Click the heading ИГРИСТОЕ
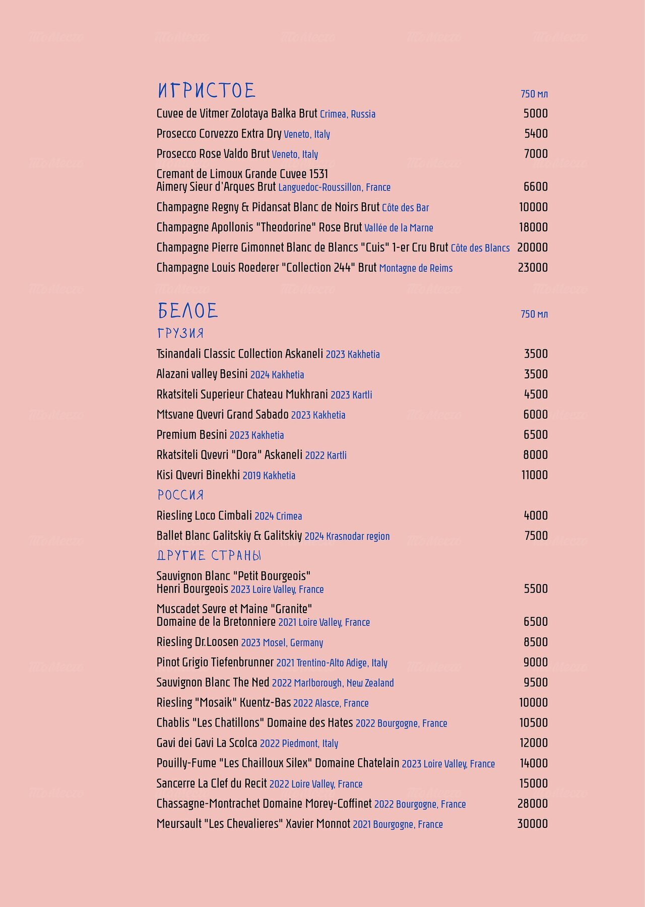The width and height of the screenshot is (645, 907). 207,91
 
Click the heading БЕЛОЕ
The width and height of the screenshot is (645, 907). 187,311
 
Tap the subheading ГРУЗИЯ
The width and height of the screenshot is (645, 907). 180,334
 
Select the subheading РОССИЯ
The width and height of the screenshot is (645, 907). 180,495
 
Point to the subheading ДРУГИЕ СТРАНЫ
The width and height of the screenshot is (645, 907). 209,556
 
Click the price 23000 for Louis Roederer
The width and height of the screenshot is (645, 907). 533,268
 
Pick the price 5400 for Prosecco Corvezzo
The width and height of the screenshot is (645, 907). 536,134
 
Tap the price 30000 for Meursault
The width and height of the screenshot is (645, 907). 532,824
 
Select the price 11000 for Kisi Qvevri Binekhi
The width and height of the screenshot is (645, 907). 534,475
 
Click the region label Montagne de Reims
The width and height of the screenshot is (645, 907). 416,269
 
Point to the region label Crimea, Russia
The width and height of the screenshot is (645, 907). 348,114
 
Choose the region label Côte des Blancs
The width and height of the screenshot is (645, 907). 480,248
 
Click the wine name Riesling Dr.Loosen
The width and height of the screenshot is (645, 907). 198,642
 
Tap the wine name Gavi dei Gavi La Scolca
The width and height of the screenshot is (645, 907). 207,743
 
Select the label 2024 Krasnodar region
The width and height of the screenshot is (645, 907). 347,536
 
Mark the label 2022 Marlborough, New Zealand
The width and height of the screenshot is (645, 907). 333,683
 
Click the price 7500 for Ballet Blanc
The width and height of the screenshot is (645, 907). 536,536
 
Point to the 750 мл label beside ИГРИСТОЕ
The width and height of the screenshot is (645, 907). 534,94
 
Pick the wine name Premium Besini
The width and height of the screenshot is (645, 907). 192,434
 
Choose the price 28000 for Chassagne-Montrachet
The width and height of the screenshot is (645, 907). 532,804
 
